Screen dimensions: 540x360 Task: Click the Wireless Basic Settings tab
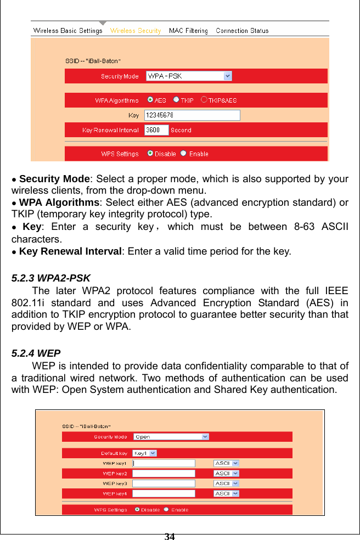(x=67, y=31)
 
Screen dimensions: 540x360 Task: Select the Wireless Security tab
(x=136, y=31)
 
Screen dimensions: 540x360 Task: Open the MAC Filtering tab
(x=188, y=31)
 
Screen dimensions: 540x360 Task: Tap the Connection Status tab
(x=242, y=31)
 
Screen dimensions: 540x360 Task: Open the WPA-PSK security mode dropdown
(x=189, y=76)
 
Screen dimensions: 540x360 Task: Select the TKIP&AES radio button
(x=204, y=100)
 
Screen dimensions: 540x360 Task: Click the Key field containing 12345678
(x=192, y=115)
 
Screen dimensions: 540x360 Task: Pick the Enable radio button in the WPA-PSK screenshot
(x=183, y=154)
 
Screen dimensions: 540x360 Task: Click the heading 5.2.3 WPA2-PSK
(x=51, y=278)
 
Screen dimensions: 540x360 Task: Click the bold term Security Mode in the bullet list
(x=54, y=179)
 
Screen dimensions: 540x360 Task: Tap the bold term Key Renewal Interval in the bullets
(x=70, y=251)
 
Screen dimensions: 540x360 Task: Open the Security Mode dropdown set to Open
(x=171, y=437)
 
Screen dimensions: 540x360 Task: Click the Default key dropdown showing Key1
(x=145, y=453)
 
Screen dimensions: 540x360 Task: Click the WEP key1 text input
(x=164, y=463)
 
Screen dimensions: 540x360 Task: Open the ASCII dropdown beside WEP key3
(x=226, y=483)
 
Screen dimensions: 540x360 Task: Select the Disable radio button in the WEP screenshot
(x=137, y=509)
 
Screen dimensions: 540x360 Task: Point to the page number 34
(x=170, y=536)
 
